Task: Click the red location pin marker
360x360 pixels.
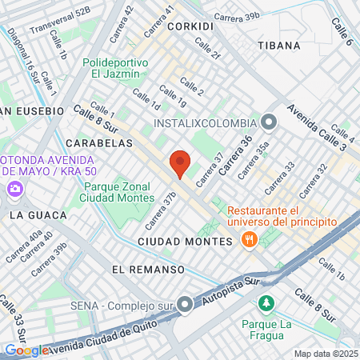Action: click(180, 163)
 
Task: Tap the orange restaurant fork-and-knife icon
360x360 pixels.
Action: click(250, 239)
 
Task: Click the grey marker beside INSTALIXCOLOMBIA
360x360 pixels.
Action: click(268, 123)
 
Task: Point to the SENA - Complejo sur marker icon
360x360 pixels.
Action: click(186, 303)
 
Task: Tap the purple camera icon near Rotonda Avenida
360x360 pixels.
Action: click(14, 190)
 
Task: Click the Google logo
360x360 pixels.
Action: click(26, 350)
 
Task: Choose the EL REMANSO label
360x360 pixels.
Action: click(142, 269)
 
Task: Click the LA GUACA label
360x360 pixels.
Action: click(29, 215)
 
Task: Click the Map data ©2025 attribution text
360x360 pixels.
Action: click(323, 354)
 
